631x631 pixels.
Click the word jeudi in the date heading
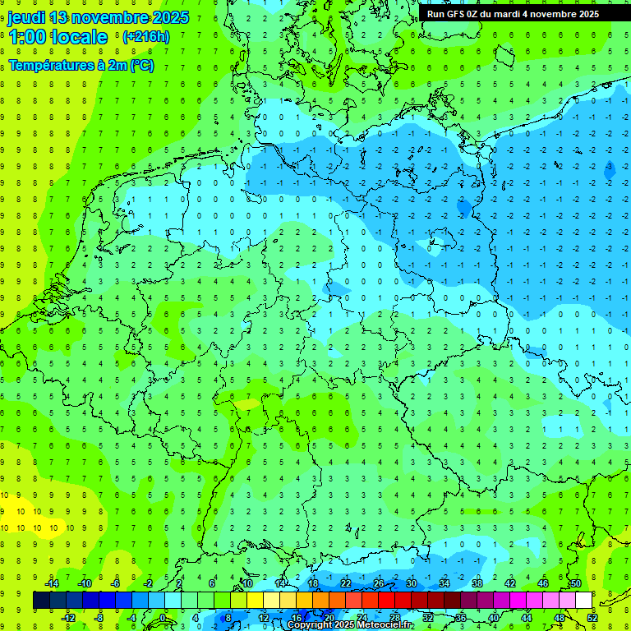pos(25,17)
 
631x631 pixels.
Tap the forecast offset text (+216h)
pos(145,37)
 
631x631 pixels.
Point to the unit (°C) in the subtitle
pos(140,66)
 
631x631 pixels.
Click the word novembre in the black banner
pos(556,14)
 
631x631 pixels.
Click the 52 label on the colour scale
pos(592,618)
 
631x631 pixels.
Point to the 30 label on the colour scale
pos(412,583)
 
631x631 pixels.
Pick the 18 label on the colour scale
pos(313,583)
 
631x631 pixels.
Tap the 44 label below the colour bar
pos(527,618)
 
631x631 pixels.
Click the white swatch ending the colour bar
pos(583,601)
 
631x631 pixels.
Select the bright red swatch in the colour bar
pos(386,601)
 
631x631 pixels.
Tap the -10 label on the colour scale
pos(84,583)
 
